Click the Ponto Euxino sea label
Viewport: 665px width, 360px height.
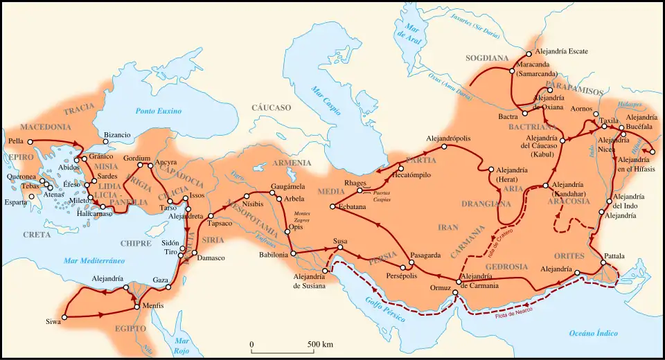pos(158,111)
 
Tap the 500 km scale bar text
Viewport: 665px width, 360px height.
pos(319,344)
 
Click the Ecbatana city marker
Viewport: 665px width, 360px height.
pos(333,207)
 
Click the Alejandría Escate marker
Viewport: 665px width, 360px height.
pos(529,53)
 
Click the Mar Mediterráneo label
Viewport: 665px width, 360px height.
pos(94,260)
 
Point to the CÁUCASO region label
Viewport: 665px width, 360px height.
pos(271,108)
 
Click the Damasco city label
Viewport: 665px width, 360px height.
pos(211,258)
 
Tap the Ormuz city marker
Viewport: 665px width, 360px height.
pos(455,292)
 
